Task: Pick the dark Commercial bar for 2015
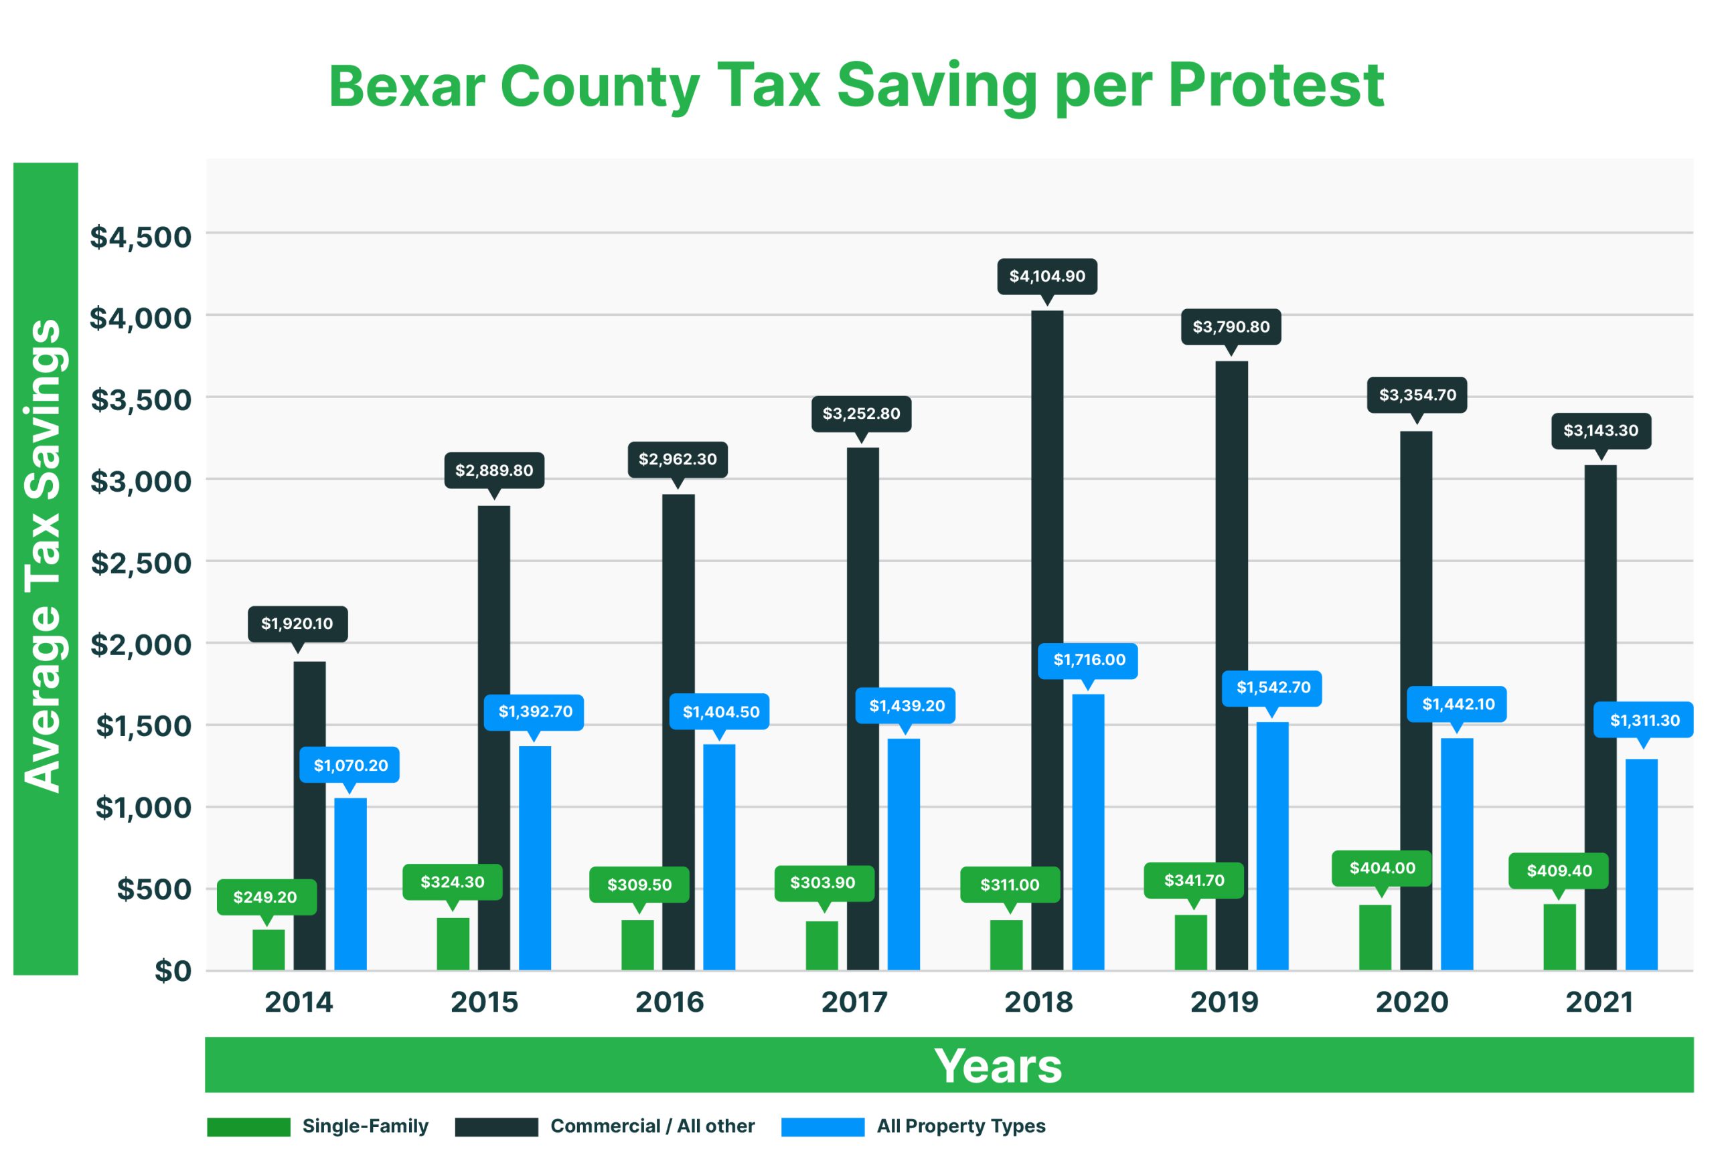[x=493, y=737]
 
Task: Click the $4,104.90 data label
[x=1046, y=276]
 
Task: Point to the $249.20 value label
[x=266, y=897]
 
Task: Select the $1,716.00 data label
[x=1089, y=660]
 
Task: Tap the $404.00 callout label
[x=1381, y=868]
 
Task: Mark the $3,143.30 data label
[x=1600, y=430]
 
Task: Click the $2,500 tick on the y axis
[x=140, y=563]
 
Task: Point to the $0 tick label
[x=173, y=972]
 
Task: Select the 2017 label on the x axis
[x=854, y=1002]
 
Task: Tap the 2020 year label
[x=1411, y=1002]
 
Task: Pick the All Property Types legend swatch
[x=822, y=1127]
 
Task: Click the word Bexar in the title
[x=406, y=86]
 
